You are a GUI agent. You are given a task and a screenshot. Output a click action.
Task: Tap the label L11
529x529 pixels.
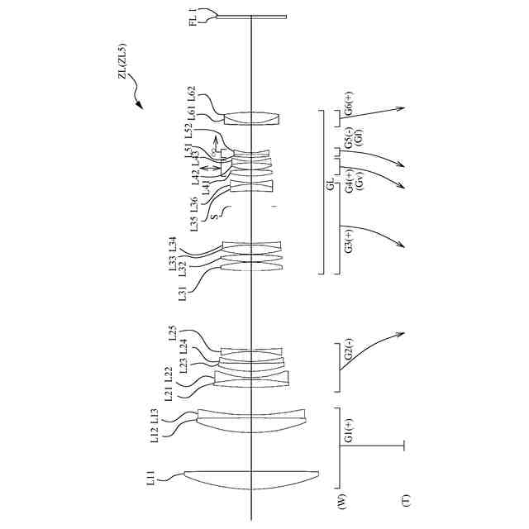[x=152, y=479]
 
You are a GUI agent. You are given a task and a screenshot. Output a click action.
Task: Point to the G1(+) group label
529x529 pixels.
[x=349, y=432]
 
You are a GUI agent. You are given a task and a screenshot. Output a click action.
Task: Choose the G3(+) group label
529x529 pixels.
[x=349, y=242]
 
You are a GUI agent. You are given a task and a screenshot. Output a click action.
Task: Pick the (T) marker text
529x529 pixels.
[x=406, y=499]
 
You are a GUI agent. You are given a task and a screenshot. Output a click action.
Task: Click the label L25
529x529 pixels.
[x=172, y=332]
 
